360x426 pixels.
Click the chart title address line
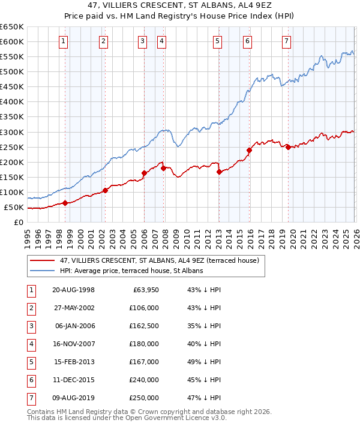coord(179,7)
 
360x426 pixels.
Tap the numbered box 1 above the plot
coord(64,41)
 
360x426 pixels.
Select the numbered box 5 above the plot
coord(217,41)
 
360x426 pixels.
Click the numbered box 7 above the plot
coord(286,41)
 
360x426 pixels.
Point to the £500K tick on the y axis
coord(12,72)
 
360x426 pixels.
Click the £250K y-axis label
coord(12,147)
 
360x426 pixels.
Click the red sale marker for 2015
coord(248,150)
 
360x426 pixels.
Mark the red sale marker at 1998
coord(65,203)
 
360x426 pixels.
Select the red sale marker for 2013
coord(219,172)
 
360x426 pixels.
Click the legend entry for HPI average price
coord(131,271)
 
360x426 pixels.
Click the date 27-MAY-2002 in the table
coord(73,308)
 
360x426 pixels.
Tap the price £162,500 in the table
coord(143,326)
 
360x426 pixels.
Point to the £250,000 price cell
coord(143,398)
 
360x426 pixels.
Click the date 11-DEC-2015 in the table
coord(73,380)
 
